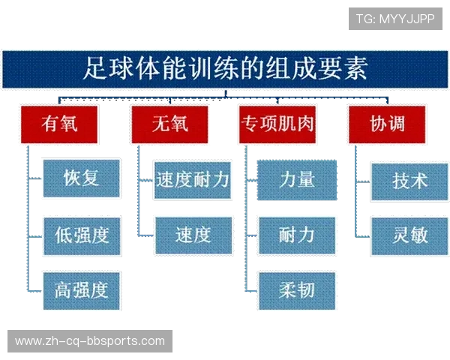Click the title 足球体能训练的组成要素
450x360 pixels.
coord(225,70)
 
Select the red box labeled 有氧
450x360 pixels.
coord(59,123)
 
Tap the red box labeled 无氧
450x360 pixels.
coord(169,123)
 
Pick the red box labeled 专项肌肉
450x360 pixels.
coord(277,123)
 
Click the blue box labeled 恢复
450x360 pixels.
coord(82,178)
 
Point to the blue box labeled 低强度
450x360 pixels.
coord(82,234)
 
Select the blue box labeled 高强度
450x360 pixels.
coord(82,289)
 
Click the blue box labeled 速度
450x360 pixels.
coord(193,235)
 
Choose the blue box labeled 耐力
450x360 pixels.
coord(297,235)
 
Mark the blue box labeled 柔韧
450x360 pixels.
coord(297,289)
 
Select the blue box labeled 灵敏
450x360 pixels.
coord(409,235)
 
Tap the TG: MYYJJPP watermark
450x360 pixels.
coord(395,18)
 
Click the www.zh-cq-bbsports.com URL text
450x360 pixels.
coord(90,341)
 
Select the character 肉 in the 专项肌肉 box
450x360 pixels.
coord(304,123)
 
